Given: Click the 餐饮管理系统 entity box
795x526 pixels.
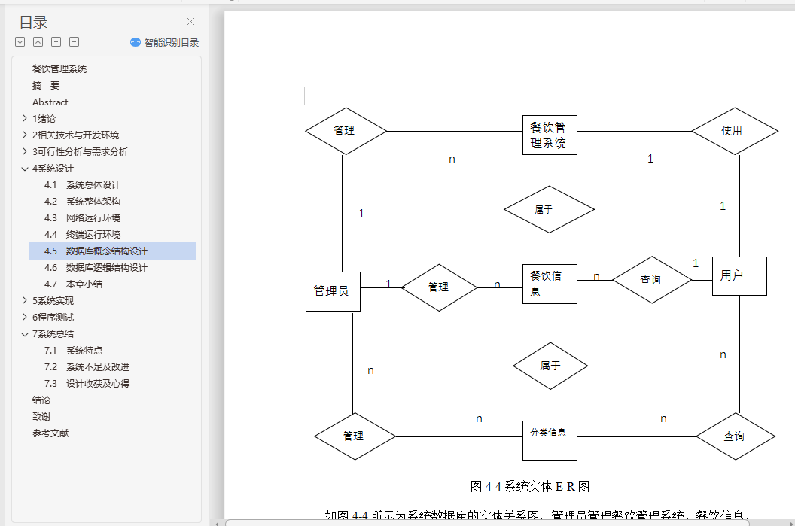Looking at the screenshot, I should point(550,135).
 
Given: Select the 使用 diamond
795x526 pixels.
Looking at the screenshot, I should point(733,131).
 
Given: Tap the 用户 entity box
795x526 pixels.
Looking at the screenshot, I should point(739,276).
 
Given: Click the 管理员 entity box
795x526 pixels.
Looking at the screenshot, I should point(332,290).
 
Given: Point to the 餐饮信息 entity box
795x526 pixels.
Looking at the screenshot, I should point(550,284).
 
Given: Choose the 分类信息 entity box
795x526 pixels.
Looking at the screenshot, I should point(550,439).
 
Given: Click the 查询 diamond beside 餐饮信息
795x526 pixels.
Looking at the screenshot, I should point(651,280).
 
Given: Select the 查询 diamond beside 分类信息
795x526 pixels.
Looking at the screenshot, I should point(735,436).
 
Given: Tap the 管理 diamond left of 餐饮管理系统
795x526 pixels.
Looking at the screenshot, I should point(346,131).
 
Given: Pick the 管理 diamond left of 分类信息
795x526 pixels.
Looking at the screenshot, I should point(355,436).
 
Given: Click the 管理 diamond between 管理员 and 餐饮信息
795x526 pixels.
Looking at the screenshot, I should point(439,287).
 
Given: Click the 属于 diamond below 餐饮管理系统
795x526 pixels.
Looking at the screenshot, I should point(549,210).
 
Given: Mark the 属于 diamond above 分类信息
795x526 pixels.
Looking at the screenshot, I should point(550,366).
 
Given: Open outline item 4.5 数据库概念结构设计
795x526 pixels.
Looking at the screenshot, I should point(106,251).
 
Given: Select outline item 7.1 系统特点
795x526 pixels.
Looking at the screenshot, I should point(84,351).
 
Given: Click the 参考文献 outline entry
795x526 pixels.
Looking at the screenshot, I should point(50,433).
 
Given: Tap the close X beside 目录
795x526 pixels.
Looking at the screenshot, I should point(190,22).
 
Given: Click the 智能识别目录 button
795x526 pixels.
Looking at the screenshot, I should point(165,43).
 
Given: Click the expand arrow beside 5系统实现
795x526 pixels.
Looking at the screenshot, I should point(25,301).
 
